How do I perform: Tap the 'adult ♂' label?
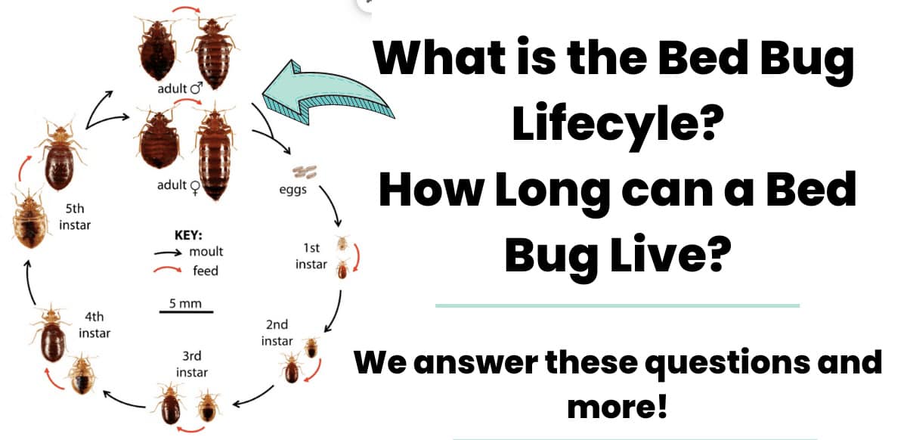click(x=180, y=88)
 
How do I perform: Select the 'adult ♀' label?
click(x=178, y=186)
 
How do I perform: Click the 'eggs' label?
click(x=293, y=190)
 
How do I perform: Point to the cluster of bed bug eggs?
click(x=305, y=172)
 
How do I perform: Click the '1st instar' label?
click(x=311, y=256)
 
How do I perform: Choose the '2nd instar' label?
click(x=277, y=333)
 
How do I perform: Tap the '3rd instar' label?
click(x=192, y=364)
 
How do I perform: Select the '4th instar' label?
click(x=94, y=325)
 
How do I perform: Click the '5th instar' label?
click(x=75, y=217)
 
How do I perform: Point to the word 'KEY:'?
click(x=188, y=235)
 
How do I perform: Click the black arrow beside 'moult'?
click(x=168, y=253)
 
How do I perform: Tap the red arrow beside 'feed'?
click(x=168, y=268)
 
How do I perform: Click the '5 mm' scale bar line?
click(x=186, y=312)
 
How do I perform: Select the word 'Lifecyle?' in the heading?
click(x=618, y=123)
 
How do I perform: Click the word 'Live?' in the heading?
click(x=670, y=256)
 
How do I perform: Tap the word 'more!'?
click(x=617, y=407)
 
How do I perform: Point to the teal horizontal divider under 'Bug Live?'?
click(x=617, y=305)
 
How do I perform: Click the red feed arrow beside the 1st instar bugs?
click(x=357, y=257)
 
